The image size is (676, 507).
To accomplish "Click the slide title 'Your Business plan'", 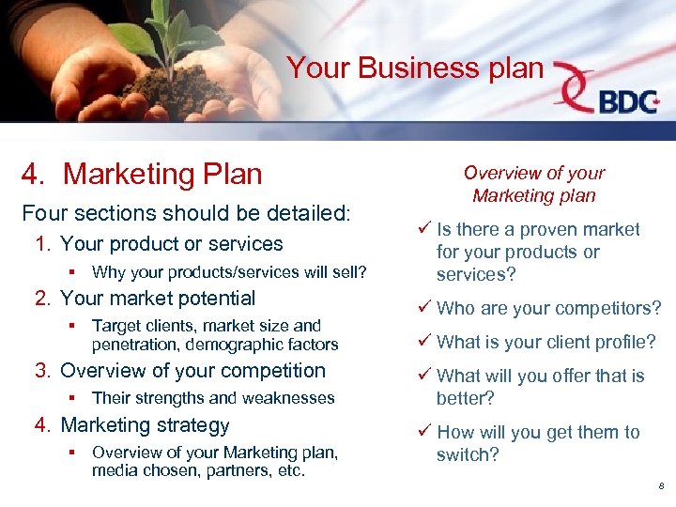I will [x=415, y=69].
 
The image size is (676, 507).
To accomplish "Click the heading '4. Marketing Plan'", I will [x=142, y=174].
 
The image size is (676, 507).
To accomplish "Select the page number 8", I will [x=661, y=485].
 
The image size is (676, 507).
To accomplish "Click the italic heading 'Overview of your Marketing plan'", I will [x=533, y=184].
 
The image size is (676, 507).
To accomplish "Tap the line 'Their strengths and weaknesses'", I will [x=213, y=398].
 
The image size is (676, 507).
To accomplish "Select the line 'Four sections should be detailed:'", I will [x=186, y=212].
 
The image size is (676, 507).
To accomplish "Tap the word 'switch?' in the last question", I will [x=468, y=455].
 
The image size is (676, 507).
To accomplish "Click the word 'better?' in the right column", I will [x=466, y=399].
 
